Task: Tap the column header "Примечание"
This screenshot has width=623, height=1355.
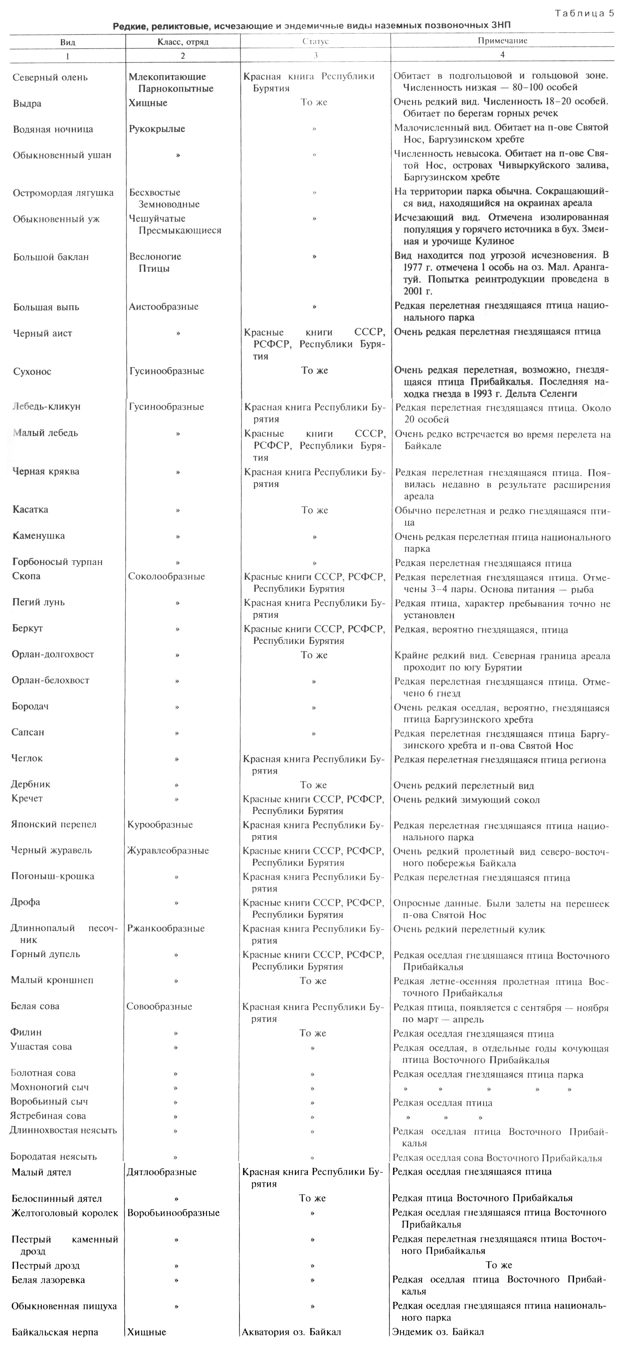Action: [502, 40]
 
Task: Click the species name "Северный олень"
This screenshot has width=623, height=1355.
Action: [50, 77]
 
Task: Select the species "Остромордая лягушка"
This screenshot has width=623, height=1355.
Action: [63, 192]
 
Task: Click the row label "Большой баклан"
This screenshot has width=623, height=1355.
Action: [51, 257]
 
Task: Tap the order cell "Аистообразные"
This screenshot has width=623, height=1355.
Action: [164, 307]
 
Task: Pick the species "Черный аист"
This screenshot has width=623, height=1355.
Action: [43, 333]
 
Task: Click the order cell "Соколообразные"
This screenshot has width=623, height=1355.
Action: [166, 576]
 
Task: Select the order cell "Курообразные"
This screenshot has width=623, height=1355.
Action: [160, 824]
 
